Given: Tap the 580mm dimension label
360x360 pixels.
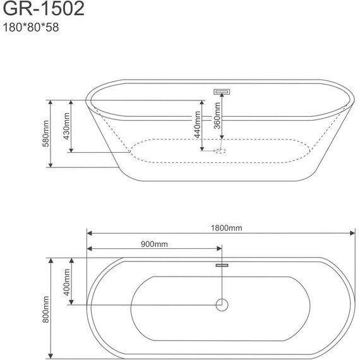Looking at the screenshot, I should (45, 133).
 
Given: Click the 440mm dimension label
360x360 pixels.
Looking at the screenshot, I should (198, 125).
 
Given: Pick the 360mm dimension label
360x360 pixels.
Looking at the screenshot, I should (217, 116).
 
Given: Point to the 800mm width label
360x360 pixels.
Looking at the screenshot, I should (45, 309).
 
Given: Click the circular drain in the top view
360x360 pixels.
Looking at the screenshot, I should (222, 305).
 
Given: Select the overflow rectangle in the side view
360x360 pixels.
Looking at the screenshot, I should (222, 91).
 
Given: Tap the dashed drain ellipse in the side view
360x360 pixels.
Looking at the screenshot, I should (220, 151).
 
